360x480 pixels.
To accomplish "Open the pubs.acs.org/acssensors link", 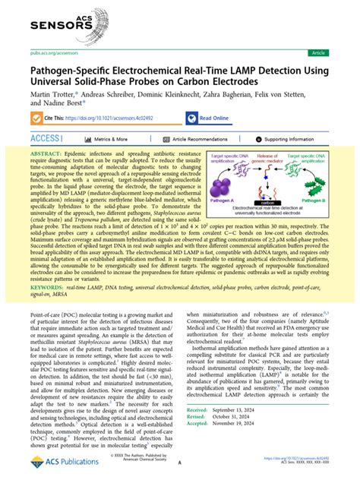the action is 47,53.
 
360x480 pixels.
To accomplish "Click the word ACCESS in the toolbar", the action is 47,140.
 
